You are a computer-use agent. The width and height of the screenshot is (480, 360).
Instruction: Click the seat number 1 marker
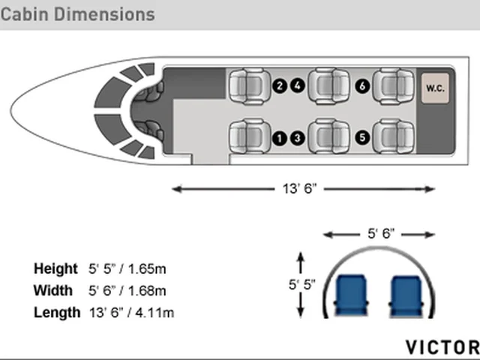[x=280, y=138]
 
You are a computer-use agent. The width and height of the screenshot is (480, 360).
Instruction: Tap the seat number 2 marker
[x=280, y=85]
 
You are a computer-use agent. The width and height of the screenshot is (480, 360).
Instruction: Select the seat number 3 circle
[x=297, y=138]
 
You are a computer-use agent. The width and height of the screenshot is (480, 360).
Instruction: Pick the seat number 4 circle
[x=297, y=85]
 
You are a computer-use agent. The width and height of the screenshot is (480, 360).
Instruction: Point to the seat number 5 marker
[x=362, y=137]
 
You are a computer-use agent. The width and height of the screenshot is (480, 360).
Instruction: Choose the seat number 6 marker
[x=362, y=86]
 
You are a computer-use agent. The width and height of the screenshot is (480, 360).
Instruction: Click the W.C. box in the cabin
[x=435, y=88]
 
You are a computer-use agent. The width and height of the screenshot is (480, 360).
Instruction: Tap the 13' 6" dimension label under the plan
[x=299, y=188]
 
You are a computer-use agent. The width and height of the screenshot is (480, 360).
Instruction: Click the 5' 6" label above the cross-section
[x=381, y=234]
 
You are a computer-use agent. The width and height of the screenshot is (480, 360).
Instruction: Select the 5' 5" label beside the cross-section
[x=301, y=284]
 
